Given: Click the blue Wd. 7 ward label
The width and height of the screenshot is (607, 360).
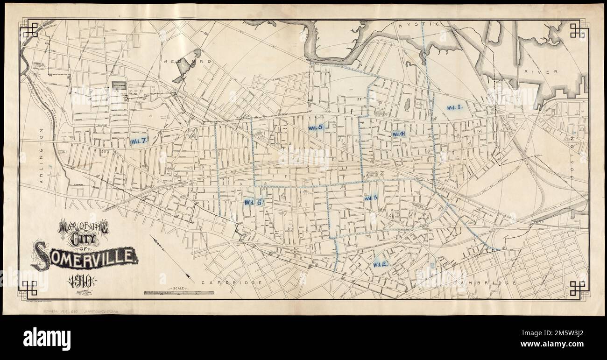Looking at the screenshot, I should point(139,141).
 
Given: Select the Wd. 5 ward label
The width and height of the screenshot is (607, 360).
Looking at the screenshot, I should point(316,127).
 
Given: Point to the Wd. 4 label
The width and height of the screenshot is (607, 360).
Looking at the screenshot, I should point(398,134).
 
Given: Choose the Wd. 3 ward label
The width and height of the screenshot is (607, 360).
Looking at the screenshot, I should point(371,198).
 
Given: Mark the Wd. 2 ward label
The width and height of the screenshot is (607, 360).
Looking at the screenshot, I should point(381,264).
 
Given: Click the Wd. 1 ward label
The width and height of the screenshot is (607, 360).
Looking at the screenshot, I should point(454,107).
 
